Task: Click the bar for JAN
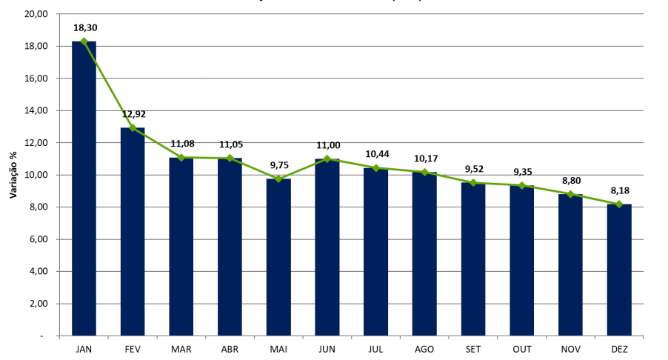[x=84, y=188]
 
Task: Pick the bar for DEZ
[x=619, y=270]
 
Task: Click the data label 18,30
[x=85, y=28]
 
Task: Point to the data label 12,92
[x=133, y=114]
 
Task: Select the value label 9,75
[x=278, y=165]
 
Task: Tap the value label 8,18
[x=619, y=190]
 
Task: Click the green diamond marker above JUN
[x=327, y=159]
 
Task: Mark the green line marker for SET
[x=473, y=183]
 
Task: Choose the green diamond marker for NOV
[x=570, y=194]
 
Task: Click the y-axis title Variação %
[x=13, y=175]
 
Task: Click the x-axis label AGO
[x=424, y=348]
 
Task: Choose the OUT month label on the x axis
[x=521, y=348]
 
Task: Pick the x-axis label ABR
[x=230, y=348]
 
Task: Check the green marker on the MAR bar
[x=181, y=157]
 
